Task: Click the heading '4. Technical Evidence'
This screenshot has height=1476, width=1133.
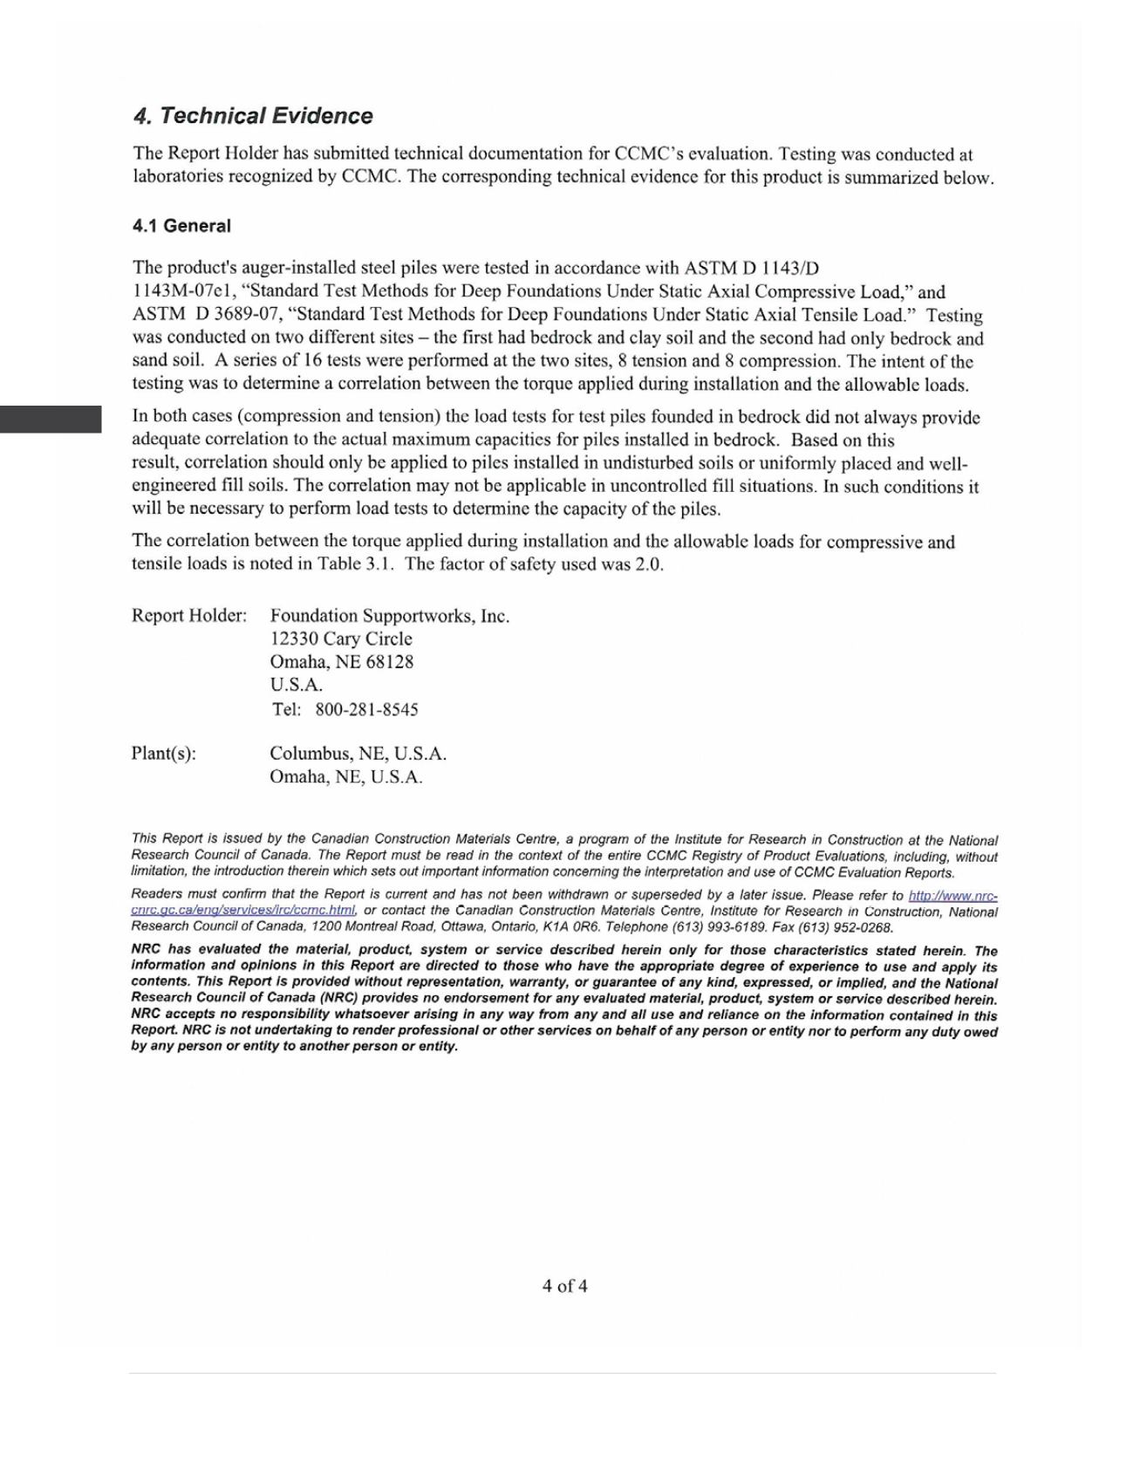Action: click(253, 116)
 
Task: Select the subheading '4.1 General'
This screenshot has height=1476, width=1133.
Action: click(181, 226)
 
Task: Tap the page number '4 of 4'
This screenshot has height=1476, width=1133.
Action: click(564, 1286)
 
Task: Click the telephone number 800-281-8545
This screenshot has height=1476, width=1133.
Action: click(366, 709)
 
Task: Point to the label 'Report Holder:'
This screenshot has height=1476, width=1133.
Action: click(189, 616)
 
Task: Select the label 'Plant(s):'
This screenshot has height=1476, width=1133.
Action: click(164, 754)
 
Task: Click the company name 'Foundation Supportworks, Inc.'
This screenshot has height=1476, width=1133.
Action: click(390, 616)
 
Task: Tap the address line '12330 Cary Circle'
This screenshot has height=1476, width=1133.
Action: click(341, 639)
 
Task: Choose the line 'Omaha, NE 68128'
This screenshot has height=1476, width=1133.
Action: click(342, 662)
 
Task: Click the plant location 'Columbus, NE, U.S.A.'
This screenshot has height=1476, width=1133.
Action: click(358, 754)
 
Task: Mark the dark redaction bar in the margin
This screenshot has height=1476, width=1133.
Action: click(51, 420)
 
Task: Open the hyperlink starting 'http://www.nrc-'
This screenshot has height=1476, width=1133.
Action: click(952, 896)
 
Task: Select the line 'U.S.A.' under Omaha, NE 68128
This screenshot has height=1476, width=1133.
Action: click(297, 685)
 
